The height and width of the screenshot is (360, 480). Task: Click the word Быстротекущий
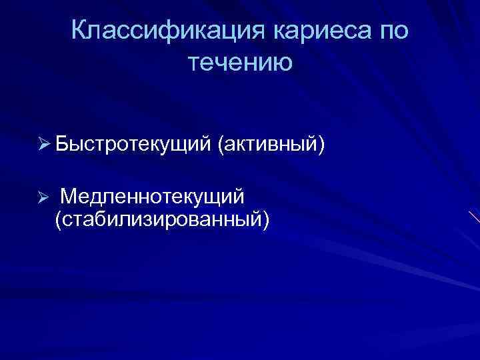coord(133,144)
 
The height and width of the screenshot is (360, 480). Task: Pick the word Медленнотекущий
coord(153,197)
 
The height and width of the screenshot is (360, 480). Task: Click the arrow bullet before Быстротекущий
coord(44,144)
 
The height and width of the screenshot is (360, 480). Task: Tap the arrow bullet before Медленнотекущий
coord(44,197)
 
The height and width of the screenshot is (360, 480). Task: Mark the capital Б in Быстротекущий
coord(63,143)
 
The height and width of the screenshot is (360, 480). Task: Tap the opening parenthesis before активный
coord(221,144)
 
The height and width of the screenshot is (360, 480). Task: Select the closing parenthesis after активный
coord(321,144)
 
